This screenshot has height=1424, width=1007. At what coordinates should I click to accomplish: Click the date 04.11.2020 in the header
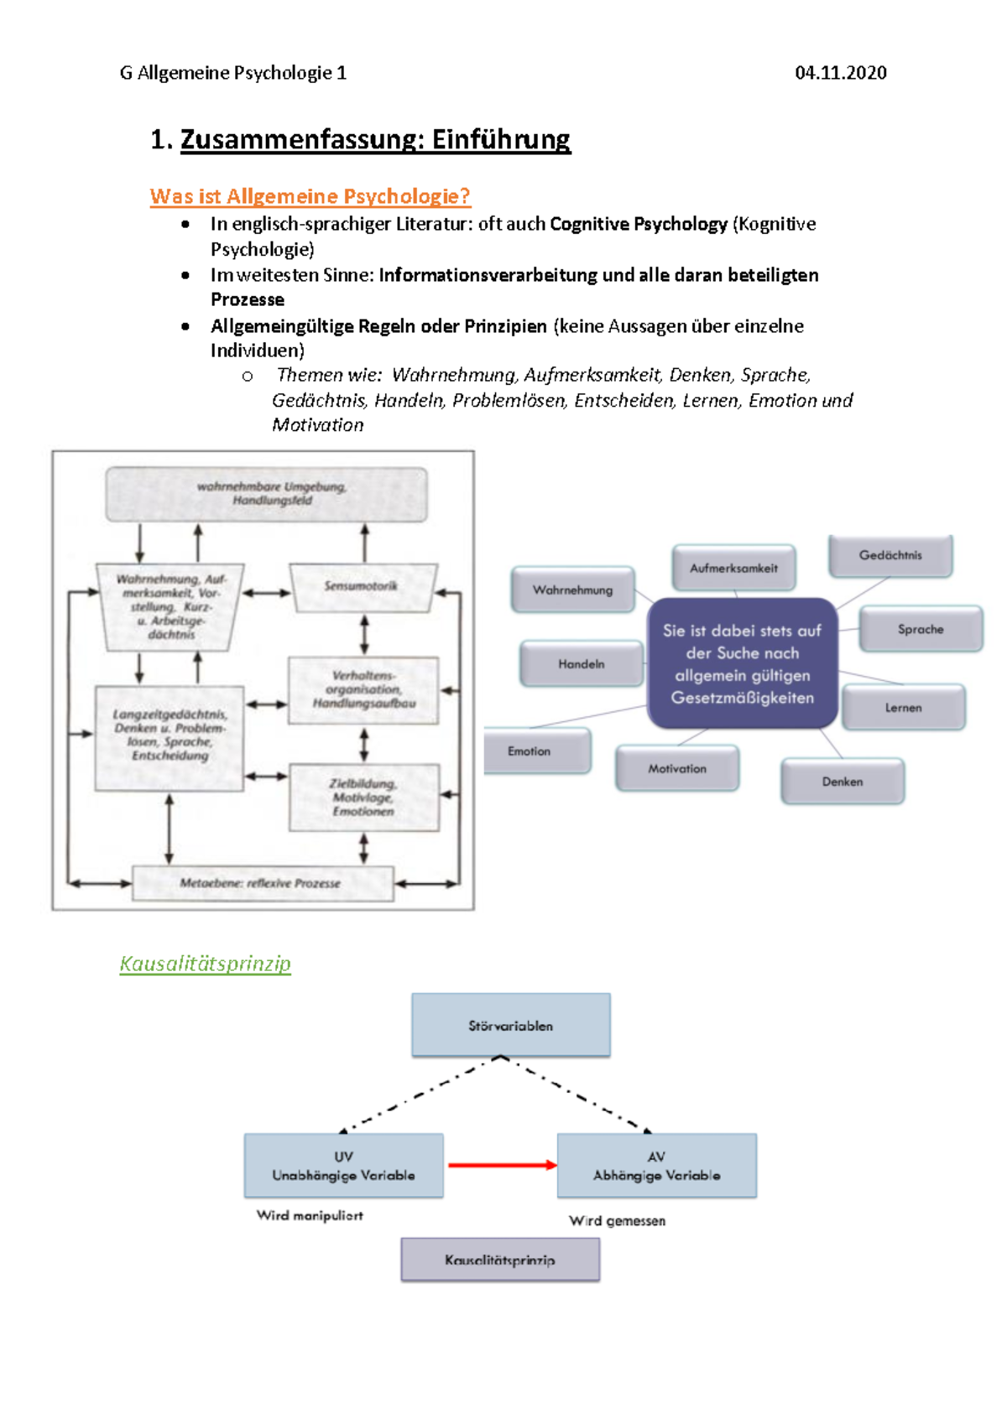point(840,73)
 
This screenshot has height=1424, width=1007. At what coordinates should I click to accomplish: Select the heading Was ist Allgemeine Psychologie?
point(310,196)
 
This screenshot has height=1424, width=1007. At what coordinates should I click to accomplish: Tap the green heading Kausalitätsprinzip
point(205,964)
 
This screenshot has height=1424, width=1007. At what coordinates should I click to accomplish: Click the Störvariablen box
point(510,1025)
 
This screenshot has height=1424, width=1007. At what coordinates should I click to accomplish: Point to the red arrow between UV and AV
point(501,1165)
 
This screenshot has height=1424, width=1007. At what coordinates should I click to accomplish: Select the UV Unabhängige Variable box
point(343,1166)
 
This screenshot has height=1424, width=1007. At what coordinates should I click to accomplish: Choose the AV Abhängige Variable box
point(656,1166)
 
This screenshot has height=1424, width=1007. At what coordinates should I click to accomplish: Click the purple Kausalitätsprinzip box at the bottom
point(500,1260)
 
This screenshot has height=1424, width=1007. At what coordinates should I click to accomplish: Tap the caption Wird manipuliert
point(310,1215)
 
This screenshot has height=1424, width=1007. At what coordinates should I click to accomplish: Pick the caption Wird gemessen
point(617,1221)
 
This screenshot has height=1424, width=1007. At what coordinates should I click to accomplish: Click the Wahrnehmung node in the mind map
point(572,590)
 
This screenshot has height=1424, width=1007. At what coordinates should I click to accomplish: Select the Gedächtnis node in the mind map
point(890,555)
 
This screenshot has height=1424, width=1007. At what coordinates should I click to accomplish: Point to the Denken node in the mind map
point(843,782)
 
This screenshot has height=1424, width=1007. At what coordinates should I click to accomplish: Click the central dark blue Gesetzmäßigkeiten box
point(742,663)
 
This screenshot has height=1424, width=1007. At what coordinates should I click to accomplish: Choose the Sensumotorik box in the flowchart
point(362,586)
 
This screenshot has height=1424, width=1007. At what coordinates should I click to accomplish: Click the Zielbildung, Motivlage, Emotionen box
point(363,797)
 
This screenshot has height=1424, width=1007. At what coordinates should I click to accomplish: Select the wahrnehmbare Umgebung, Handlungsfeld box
point(266,494)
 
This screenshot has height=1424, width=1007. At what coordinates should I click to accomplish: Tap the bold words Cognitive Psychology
point(639,224)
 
